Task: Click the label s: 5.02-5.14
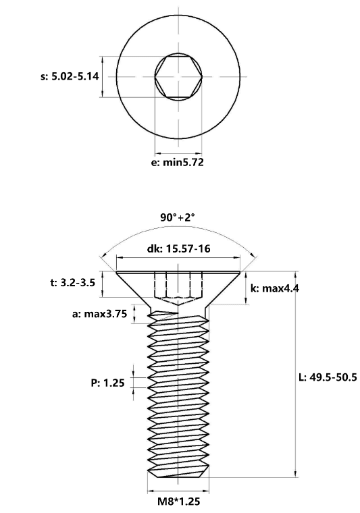coord(70,76)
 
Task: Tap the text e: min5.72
coord(177,162)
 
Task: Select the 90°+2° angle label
coord(178,217)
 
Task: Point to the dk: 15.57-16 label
coord(178,248)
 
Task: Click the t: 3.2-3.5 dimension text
coord(73,282)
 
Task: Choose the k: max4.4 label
coord(275,288)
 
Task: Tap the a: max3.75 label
coord(99,314)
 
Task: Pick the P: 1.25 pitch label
coord(107,383)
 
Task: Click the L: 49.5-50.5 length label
coord(328,377)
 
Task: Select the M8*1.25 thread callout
coord(179,502)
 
